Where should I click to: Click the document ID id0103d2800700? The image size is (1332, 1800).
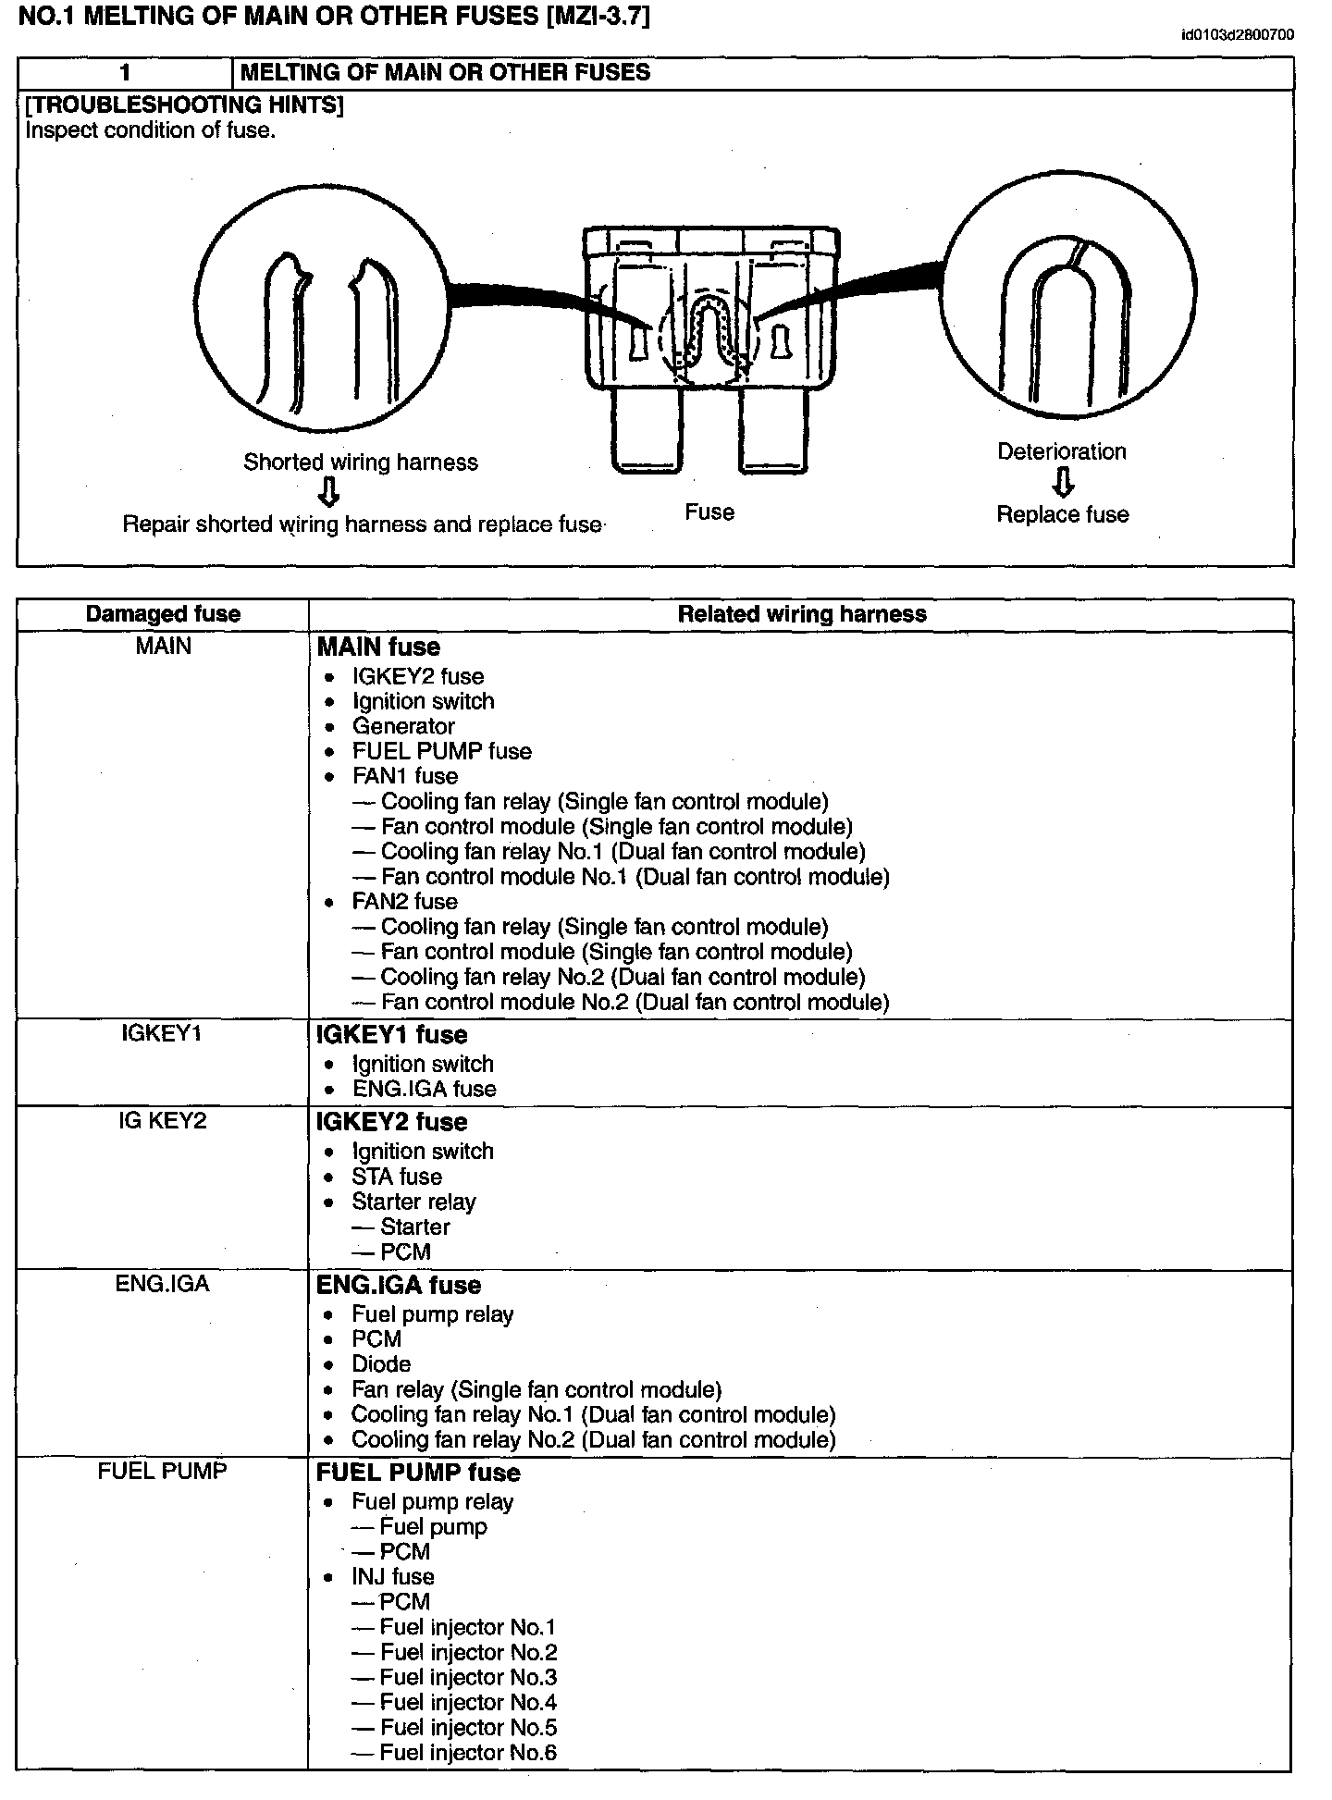coord(1237,35)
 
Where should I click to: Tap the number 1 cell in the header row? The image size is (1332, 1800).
coord(125,73)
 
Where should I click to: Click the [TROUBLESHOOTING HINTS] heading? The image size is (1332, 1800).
coord(184,105)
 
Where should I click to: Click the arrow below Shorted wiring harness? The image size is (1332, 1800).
coord(328,493)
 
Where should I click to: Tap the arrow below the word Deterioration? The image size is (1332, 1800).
coord(1064,482)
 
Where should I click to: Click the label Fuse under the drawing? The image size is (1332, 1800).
coord(709,512)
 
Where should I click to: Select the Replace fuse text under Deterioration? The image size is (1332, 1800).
coord(1062,514)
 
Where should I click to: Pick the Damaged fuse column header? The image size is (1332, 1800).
coord(163,614)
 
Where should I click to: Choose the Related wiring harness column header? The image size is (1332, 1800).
coord(802,614)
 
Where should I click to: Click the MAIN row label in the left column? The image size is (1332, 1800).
coord(163,646)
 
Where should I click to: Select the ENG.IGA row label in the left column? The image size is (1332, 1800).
coord(162,1284)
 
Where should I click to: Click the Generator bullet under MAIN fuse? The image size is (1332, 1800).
coord(403,726)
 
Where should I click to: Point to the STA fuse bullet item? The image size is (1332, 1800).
coord(397,1177)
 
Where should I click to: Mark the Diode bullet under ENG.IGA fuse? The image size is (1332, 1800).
coord(381,1364)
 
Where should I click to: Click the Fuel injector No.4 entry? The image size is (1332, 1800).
coord(468,1702)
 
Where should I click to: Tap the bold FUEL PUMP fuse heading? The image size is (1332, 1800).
coord(418,1473)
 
